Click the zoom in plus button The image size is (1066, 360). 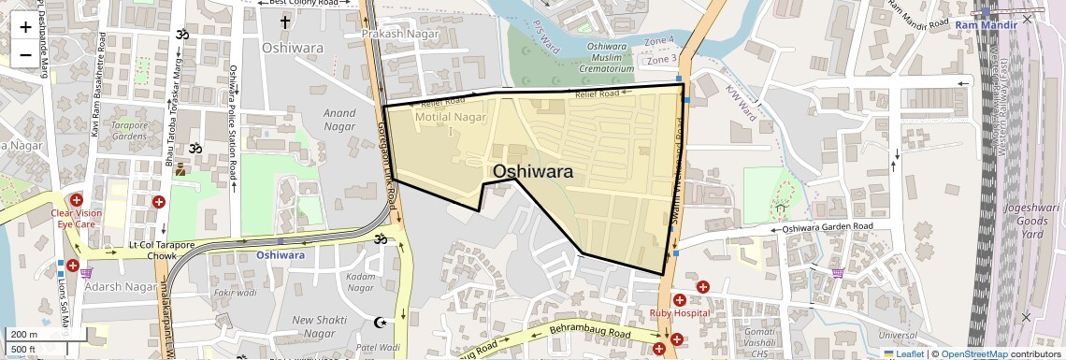[25, 27]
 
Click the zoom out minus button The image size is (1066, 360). [25, 54]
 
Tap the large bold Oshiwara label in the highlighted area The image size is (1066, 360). [532, 171]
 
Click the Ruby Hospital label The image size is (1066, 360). [680, 312]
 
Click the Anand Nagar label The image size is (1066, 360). [339, 119]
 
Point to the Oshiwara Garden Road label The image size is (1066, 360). [828, 226]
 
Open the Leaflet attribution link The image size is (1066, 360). [903, 353]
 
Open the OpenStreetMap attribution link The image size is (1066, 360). [973, 353]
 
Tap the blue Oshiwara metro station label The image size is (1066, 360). [281, 254]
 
